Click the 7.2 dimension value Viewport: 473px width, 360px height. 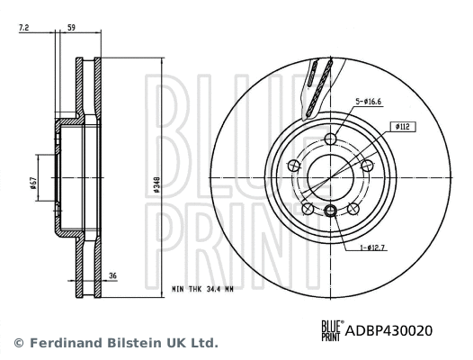[x=24, y=28]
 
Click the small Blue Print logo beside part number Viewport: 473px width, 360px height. [x=332, y=330]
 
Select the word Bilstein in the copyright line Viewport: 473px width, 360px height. [x=129, y=343]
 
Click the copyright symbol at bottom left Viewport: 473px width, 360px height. [x=18, y=343]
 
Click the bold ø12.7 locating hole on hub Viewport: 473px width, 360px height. [x=330, y=211]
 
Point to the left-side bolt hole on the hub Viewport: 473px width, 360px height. [x=294, y=164]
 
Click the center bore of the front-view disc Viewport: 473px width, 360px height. [x=330, y=175]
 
